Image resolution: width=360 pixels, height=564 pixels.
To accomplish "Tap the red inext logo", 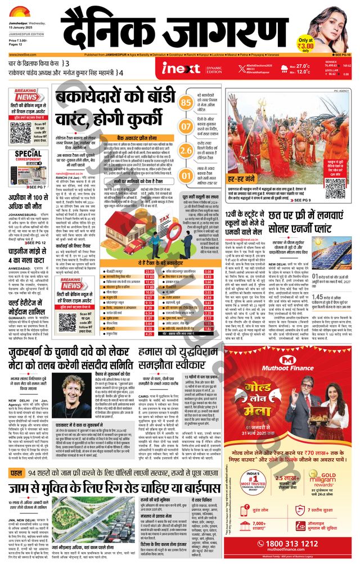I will (x=181, y=68).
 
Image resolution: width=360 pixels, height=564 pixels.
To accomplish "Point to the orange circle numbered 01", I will (x=186, y=175).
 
